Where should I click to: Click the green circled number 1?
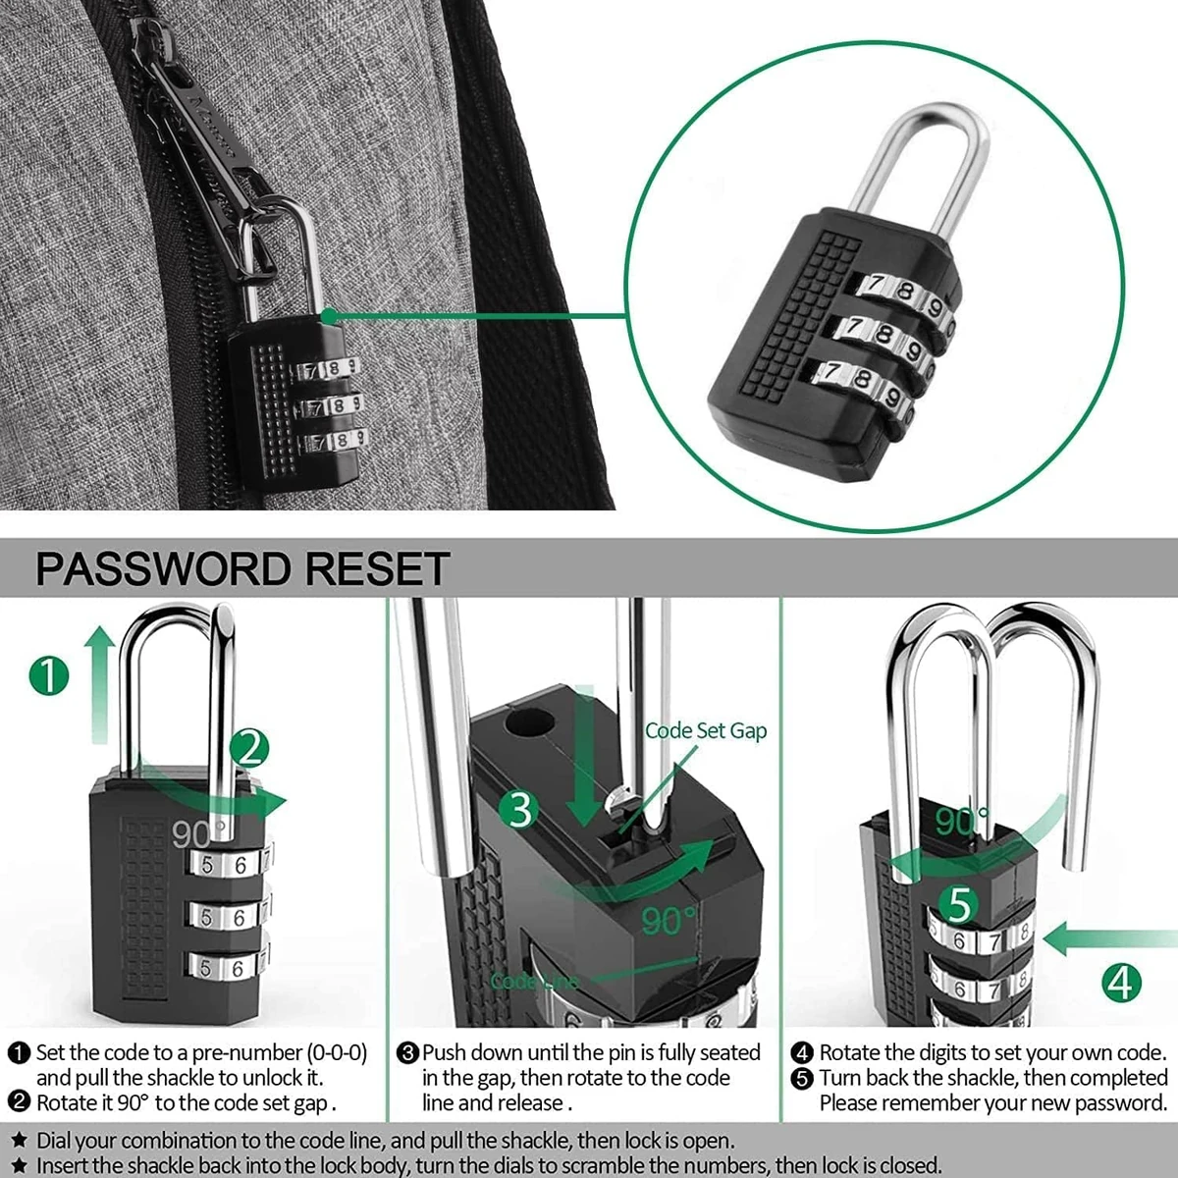tap(49, 676)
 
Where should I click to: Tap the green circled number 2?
tap(249, 751)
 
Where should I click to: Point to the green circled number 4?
tap(1120, 981)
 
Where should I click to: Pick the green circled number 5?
tap(960, 904)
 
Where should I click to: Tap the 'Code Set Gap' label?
tap(705, 730)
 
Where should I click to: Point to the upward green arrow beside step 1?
tap(97, 687)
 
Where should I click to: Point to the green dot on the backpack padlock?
tap(329, 317)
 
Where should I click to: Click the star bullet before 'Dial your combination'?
tap(18, 1141)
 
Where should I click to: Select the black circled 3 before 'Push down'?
tap(408, 1053)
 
